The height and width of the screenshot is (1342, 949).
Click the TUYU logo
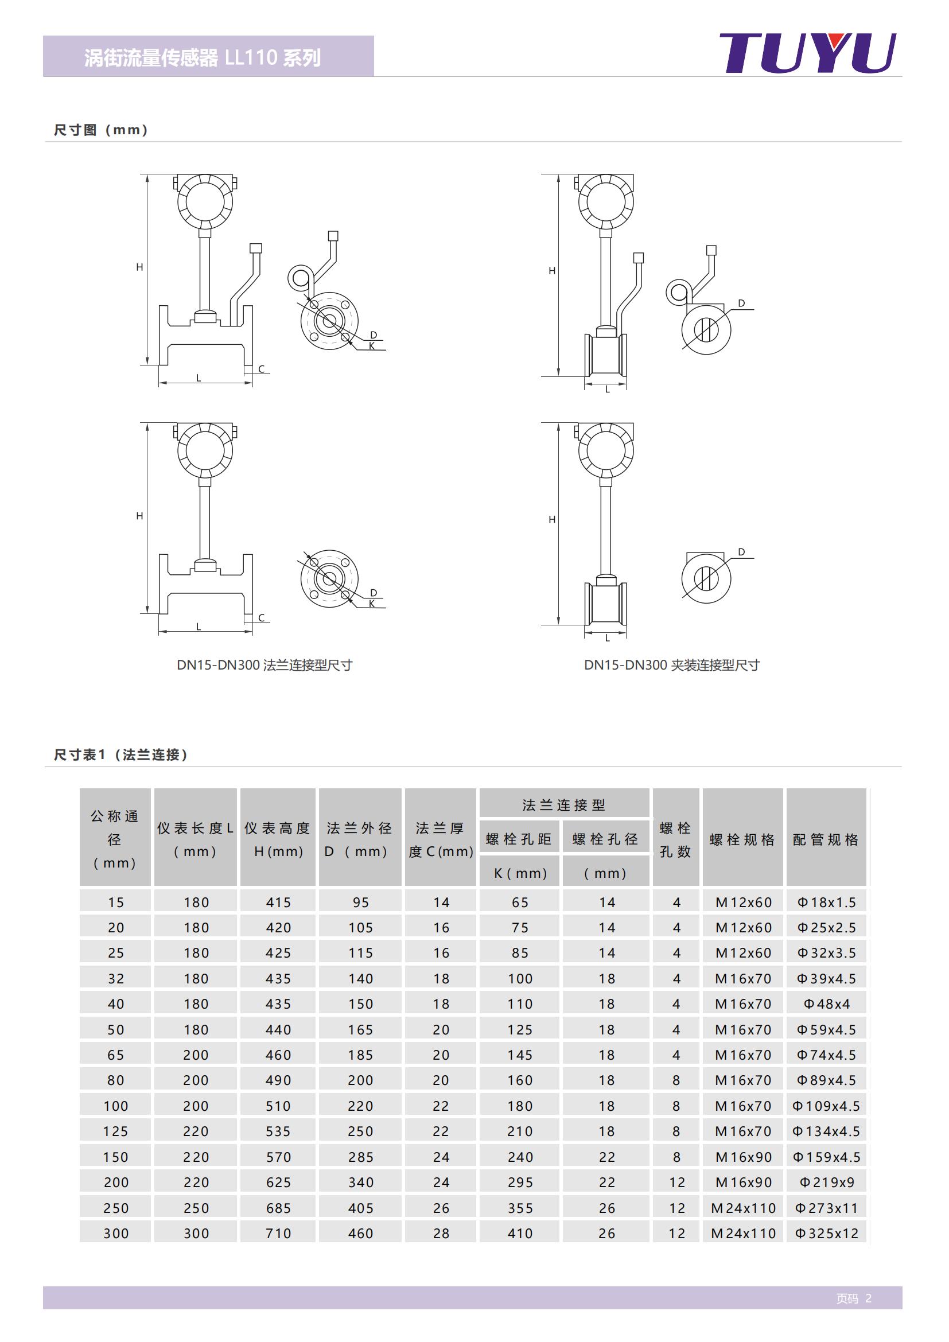click(807, 53)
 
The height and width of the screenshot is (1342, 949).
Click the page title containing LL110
click(202, 58)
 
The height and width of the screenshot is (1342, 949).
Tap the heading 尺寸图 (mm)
click(101, 130)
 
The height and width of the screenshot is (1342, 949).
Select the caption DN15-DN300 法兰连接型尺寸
click(264, 665)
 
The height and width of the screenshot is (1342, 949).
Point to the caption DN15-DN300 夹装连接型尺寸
click(671, 665)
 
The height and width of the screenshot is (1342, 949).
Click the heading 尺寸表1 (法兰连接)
click(121, 754)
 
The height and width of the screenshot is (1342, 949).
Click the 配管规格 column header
click(825, 839)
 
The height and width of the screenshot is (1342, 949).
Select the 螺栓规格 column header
click(742, 839)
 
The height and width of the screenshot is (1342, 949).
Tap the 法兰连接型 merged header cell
click(563, 805)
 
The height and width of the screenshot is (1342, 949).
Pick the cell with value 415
click(278, 903)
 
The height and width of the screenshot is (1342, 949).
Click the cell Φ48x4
click(826, 1003)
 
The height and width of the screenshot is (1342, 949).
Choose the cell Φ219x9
click(826, 1182)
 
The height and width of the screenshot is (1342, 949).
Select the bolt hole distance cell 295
click(520, 1182)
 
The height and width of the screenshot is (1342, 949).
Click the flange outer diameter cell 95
click(360, 903)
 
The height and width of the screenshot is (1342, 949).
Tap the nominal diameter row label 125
click(116, 1131)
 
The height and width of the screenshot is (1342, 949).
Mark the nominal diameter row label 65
click(116, 1055)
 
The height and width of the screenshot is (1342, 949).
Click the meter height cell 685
click(278, 1208)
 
